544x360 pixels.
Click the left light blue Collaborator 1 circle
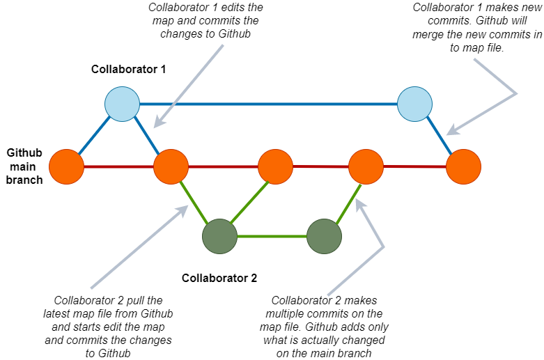pos(123,104)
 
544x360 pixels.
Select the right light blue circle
pos(415,104)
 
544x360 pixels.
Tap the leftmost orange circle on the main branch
pos(66,167)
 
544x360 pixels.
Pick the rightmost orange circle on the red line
pos(463,167)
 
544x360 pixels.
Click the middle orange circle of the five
pos(275,167)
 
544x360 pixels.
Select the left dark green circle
pos(219,236)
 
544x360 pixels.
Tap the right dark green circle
pos(324,236)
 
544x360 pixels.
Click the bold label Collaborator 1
pos(128,70)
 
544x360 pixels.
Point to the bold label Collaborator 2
pos(219,278)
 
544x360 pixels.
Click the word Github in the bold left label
pos(25,152)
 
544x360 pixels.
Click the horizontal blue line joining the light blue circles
pos(268,104)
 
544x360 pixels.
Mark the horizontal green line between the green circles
pos(272,236)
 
